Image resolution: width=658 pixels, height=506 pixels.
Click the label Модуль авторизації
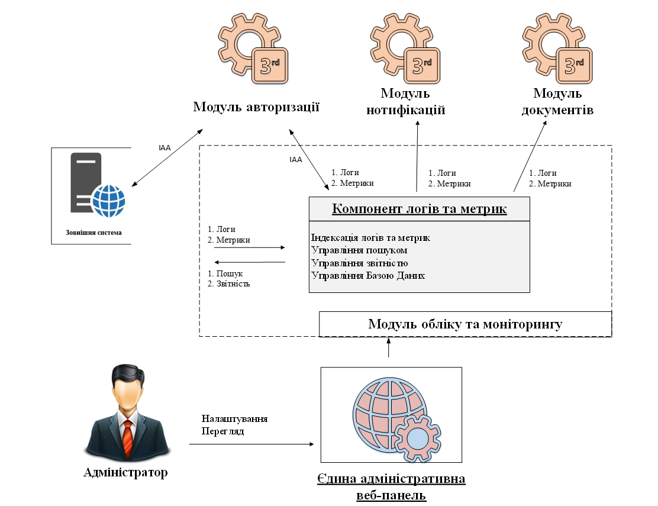click(x=256, y=107)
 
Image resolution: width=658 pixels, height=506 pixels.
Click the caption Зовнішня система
click(x=94, y=232)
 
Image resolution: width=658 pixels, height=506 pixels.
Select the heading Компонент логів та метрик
click(x=419, y=209)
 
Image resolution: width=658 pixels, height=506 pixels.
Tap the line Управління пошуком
click(x=359, y=250)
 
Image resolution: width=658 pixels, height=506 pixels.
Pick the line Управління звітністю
click(x=359, y=263)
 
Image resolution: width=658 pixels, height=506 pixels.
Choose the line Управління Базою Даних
click(x=367, y=275)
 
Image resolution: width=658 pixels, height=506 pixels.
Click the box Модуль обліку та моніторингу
click(x=465, y=324)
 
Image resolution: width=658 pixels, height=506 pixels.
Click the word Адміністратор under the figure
click(x=125, y=472)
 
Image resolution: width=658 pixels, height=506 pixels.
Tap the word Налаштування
click(x=234, y=418)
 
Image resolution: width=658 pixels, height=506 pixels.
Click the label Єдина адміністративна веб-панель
click(x=391, y=486)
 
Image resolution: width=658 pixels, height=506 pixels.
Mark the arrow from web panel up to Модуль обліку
click(x=389, y=348)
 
